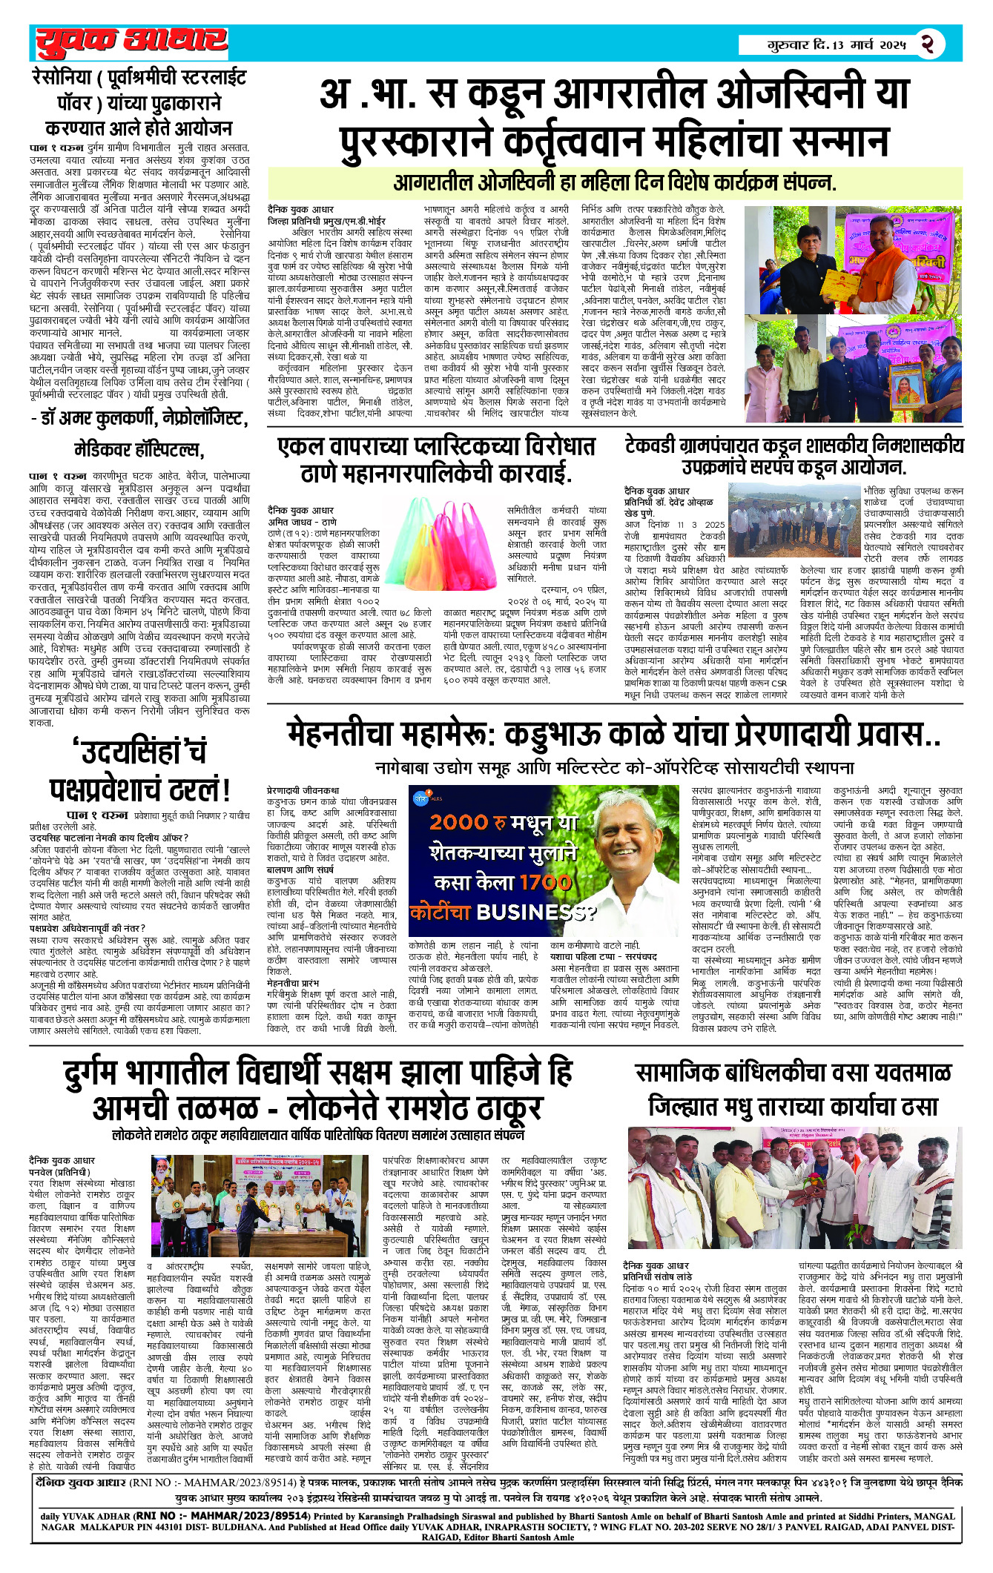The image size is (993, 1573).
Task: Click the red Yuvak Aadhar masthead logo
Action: pos(131,43)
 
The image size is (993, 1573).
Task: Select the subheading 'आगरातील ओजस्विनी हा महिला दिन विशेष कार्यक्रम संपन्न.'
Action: pos(614,183)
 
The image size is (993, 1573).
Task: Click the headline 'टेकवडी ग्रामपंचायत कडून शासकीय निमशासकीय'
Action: pos(794,445)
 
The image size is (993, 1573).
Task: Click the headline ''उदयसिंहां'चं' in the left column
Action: pos(139,752)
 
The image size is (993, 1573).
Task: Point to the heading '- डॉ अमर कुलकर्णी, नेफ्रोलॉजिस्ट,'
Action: pos(139,419)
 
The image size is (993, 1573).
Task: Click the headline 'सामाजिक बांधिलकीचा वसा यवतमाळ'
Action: pos(793,1073)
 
